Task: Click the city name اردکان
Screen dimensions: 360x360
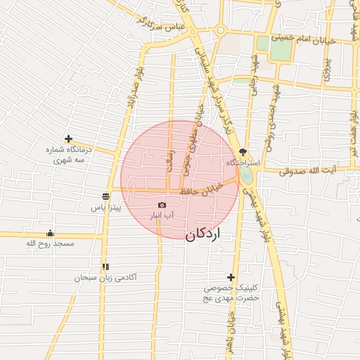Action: click(202, 234)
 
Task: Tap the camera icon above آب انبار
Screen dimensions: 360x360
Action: click(162, 205)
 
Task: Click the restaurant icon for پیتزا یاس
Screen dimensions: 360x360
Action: click(105, 195)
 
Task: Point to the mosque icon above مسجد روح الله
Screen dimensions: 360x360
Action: click(50, 233)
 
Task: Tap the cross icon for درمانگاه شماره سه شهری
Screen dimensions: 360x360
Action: click(67, 139)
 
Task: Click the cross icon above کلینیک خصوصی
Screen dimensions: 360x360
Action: click(231, 277)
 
